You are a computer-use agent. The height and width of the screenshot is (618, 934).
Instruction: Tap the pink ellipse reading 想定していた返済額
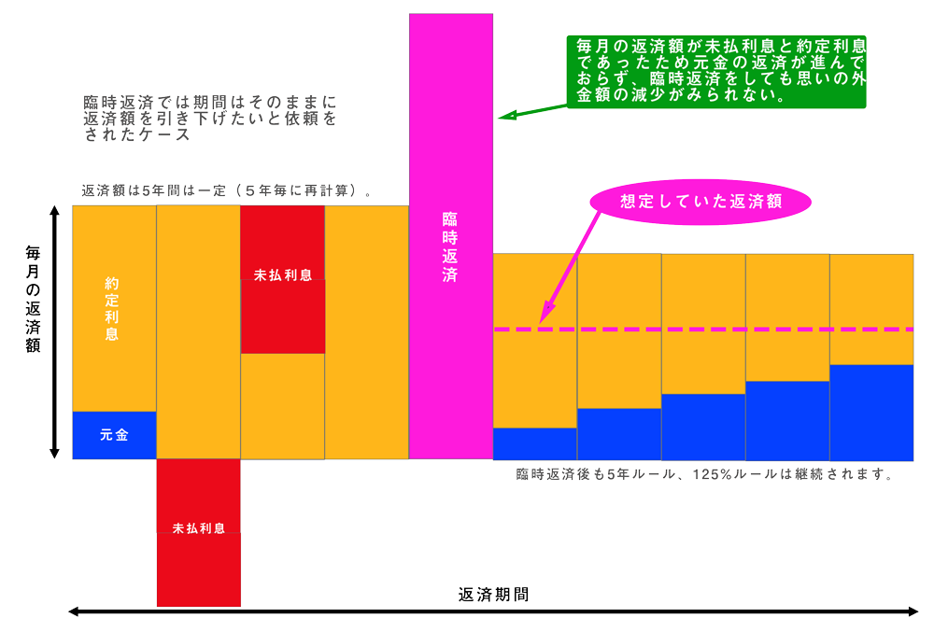(x=700, y=201)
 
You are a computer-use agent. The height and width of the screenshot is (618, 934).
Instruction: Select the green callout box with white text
(x=716, y=72)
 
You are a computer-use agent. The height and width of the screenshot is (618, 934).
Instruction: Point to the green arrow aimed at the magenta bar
(x=532, y=110)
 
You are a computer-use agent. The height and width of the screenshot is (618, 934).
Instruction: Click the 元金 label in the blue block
(x=114, y=435)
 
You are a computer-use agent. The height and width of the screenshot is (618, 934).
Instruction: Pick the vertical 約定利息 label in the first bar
(x=113, y=307)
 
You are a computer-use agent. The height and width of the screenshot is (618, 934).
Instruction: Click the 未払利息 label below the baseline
(x=198, y=527)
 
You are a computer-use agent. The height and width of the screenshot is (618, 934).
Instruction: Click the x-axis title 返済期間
(x=494, y=594)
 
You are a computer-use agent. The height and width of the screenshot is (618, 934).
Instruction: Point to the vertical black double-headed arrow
(x=54, y=332)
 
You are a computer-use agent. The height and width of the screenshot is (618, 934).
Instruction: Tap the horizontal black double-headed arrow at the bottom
(x=494, y=611)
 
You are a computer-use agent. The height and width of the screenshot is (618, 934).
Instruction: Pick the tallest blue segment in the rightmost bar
(x=871, y=412)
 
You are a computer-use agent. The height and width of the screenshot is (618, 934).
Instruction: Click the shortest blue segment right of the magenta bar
(x=534, y=443)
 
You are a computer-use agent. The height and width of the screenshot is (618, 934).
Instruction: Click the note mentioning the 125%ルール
(x=705, y=473)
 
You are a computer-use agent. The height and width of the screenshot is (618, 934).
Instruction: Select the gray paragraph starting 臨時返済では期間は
(x=209, y=118)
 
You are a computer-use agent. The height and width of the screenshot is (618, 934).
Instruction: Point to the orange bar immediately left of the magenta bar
(x=366, y=332)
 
